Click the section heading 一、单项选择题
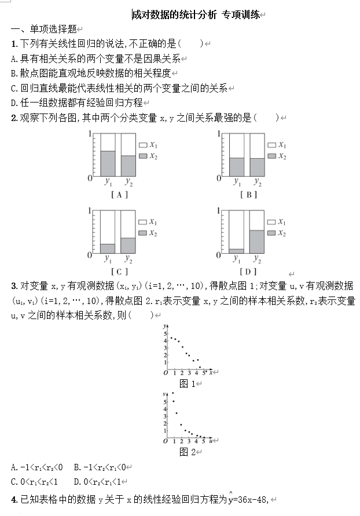[x=44, y=28]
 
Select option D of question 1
[x=76, y=103]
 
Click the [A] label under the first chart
[x=119, y=195]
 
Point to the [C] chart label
[x=119, y=271]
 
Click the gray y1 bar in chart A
[x=108, y=163]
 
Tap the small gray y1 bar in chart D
[x=236, y=251]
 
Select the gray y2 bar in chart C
[x=128, y=246]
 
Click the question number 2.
[x=14, y=118]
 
